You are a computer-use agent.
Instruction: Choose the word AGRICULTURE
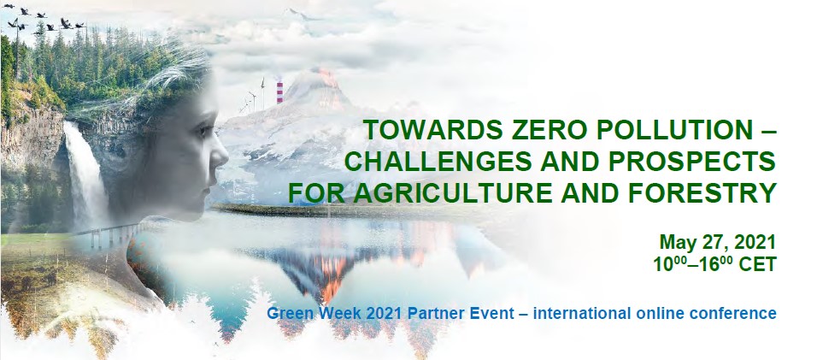[x=458, y=192]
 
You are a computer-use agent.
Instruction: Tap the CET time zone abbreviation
[x=758, y=264]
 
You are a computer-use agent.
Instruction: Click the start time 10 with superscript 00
[x=672, y=263]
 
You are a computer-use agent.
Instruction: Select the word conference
[x=733, y=314]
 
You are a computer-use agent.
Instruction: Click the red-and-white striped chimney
[x=279, y=92]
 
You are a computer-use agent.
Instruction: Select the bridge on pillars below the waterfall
[x=109, y=234]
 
